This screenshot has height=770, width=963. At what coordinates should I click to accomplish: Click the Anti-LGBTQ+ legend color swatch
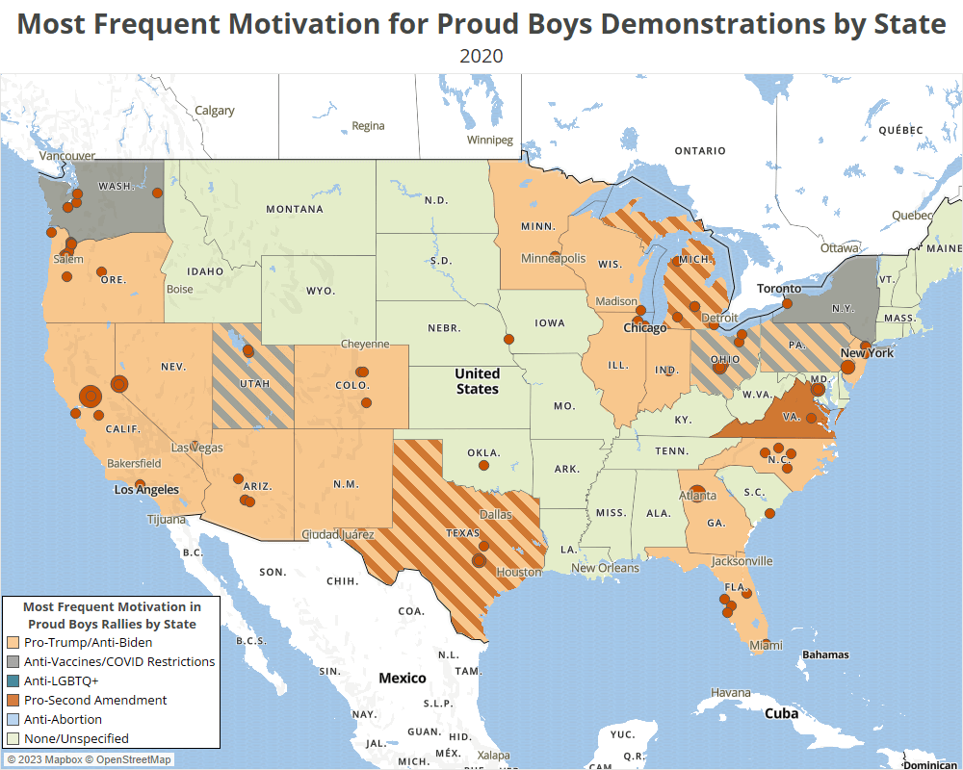(x=13, y=680)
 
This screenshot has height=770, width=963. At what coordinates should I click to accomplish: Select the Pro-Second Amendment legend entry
(x=94, y=700)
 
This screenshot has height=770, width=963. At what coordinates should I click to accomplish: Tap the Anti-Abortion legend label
(x=63, y=719)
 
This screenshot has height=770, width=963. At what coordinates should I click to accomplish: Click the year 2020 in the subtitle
(x=481, y=56)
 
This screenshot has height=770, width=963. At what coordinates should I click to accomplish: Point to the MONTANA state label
(x=294, y=209)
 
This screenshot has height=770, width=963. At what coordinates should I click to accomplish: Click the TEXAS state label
(x=462, y=531)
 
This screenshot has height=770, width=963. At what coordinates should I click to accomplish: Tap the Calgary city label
(x=214, y=111)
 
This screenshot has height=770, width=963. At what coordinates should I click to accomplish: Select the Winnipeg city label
(x=490, y=140)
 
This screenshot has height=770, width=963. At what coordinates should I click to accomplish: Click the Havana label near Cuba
(x=730, y=693)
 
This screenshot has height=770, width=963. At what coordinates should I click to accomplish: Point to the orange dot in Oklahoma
(x=483, y=465)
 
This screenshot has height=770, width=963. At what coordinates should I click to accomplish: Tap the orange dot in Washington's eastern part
(x=157, y=192)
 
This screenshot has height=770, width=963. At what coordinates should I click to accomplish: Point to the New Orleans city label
(x=605, y=568)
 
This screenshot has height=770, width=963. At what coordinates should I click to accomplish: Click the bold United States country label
(x=478, y=381)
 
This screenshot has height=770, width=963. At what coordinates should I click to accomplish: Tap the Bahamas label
(x=825, y=654)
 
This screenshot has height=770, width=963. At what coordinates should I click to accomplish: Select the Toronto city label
(x=778, y=288)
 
